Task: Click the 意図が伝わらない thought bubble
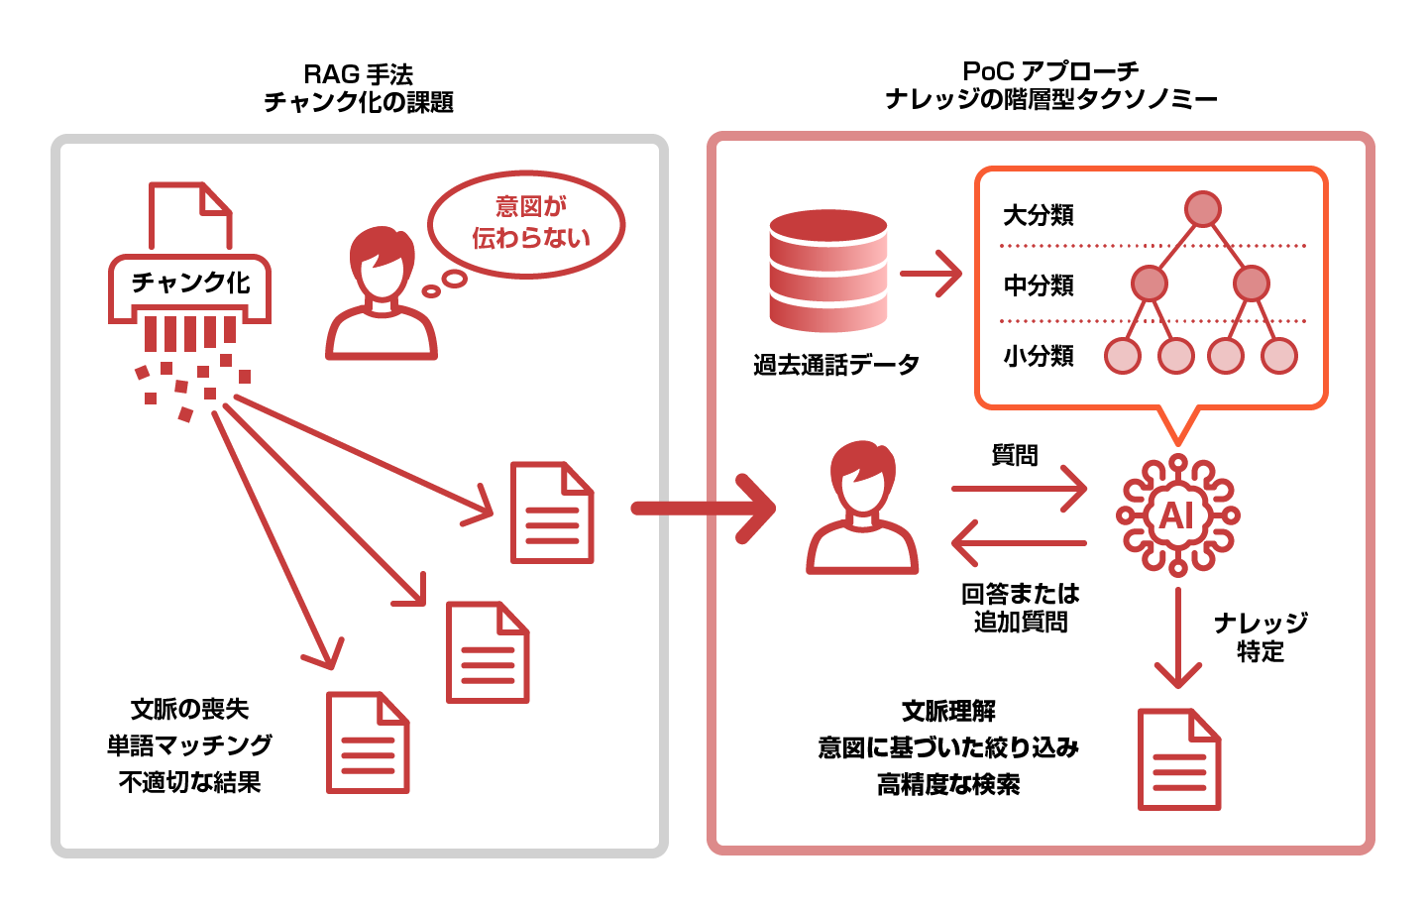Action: [x=526, y=223]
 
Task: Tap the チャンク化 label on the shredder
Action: [x=190, y=283]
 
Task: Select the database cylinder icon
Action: [x=828, y=271]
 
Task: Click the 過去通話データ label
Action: [x=835, y=365]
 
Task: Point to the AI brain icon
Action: [x=1177, y=515]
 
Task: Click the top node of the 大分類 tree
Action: [x=1202, y=210]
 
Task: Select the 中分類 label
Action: [x=1039, y=285]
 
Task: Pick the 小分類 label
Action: [x=1039, y=356]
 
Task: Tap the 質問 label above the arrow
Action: [x=1015, y=455]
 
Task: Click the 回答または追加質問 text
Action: [x=1021, y=608]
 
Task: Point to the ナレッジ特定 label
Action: [x=1261, y=636]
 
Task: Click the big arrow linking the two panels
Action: [x=704, y=509]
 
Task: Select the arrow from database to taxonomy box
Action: [x=932, y=273]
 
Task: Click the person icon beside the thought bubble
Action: [x=382, y=292]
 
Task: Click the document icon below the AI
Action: [x=1179, y=759]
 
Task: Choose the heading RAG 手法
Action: [x=358, y=74]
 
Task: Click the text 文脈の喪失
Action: [x=189, y=709]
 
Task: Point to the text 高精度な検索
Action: [x=948, y=785]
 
